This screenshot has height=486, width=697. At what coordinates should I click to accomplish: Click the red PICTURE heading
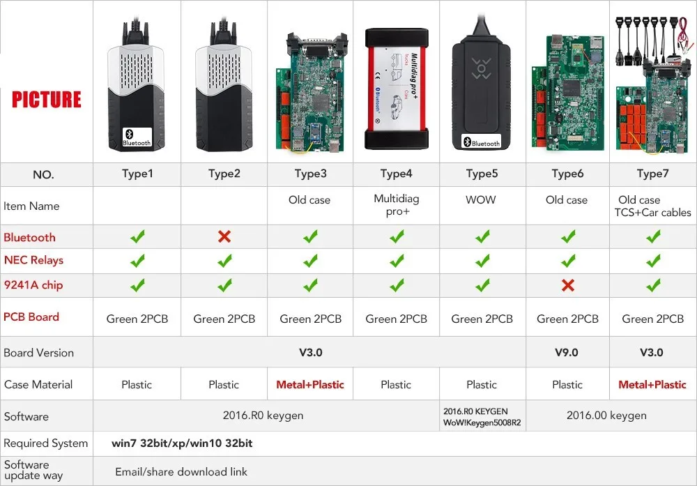pos(47,99)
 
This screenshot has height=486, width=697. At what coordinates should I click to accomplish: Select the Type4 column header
pos(396,174)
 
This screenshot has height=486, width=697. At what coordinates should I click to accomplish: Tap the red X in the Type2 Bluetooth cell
pos(224,237)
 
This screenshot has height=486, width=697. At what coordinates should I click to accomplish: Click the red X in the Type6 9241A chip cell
pos(567,284)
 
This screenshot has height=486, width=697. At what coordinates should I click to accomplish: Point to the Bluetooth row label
pos(29,237)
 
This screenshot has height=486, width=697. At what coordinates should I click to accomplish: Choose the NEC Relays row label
pos(33,260)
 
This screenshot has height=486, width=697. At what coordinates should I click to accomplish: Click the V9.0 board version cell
pos(566,352)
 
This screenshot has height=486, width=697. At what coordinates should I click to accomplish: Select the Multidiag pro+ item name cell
pos(396,205)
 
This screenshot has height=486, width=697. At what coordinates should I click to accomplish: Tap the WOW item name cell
pos(481,199)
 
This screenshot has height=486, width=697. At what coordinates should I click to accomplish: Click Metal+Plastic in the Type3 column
pos(310,384)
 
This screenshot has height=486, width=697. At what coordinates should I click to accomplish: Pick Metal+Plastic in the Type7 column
pos(652,384)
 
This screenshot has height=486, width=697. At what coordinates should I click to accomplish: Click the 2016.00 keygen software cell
pos(606,416)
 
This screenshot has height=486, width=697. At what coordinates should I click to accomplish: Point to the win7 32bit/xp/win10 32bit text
pos(182,443)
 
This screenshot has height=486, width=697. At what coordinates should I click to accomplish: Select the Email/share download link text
pos(181,471)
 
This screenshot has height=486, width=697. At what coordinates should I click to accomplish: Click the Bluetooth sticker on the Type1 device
pos(137,137)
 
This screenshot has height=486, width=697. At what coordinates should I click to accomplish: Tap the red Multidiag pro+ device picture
pos(396,88)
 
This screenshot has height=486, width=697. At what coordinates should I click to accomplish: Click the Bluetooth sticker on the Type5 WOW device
pos(482,142)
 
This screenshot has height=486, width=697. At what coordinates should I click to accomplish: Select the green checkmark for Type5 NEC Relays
pos(482,261)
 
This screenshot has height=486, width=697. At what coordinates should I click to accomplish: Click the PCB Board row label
pos(31,317)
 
